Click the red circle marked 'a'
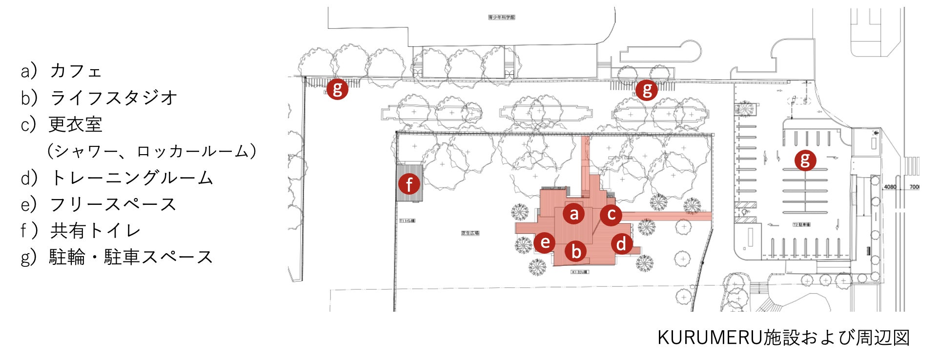tap(574, 213)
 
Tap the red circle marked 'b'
tap(576, 251)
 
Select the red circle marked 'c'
tap(611, 214)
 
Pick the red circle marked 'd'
tap(621, 243)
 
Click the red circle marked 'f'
tap(409, 184)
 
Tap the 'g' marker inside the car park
tap(805, 160)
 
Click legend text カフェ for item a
tap(76, 71)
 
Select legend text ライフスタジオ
tap(113, 98)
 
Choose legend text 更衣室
tap(76, 124)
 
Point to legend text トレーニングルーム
tap(132, 178)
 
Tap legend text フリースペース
tap(113, 204)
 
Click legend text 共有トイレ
tap(95, 231)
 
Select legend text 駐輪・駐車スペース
tap(131, 257)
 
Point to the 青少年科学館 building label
tap(502, 18)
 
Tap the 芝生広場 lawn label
tap(470, 233)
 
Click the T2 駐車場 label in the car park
tap(802, 225)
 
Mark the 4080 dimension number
tap(890, 187)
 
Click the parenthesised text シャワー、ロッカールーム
tap(151, 151)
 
